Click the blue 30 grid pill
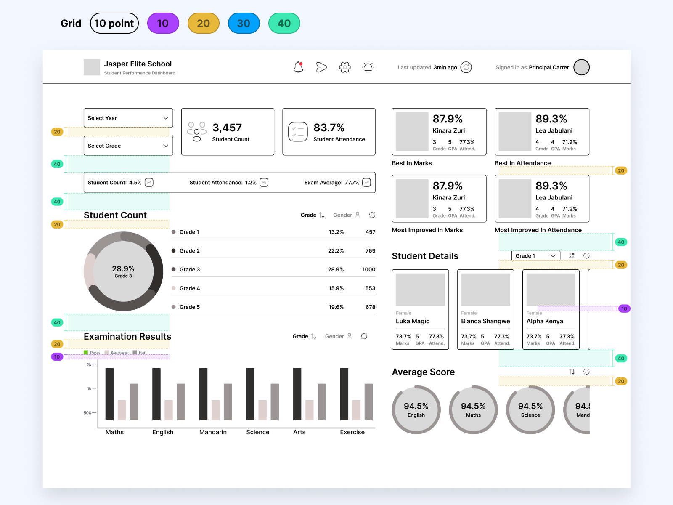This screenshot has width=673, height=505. click(x=244, y=23)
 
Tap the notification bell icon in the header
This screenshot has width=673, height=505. click(x=298, y=67)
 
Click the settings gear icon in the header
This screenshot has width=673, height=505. click(x=344, y=67)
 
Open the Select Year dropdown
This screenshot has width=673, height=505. click(x=128, y=118)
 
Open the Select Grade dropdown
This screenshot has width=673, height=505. click(x=128, y=146)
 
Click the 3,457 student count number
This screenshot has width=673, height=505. click(x=227, y=128)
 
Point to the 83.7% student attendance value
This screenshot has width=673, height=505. click(x=329, y=128)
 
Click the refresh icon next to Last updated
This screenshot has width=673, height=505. click(x=466, y=67)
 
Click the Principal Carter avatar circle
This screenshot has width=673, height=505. click(x=581, y=67)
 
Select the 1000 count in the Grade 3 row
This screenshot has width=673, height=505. click(x=368, y=269)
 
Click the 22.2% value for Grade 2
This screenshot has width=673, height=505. click(x=336, y=251)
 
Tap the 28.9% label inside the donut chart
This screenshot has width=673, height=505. click(x=123, y=268)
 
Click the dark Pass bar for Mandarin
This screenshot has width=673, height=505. click(x=203, y=394)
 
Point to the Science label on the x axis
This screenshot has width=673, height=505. click(x=257, y=432)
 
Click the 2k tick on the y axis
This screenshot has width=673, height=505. click(x=89, y=364)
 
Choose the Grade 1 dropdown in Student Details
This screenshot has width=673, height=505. click(x=535, y=256)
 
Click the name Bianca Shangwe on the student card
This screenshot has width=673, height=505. click(x=485, y=321)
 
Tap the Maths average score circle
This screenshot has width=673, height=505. click(x=473, y=409)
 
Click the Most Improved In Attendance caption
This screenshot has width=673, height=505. click(x=538, y=230)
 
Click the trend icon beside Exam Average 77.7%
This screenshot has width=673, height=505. click(x=366, y=182)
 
